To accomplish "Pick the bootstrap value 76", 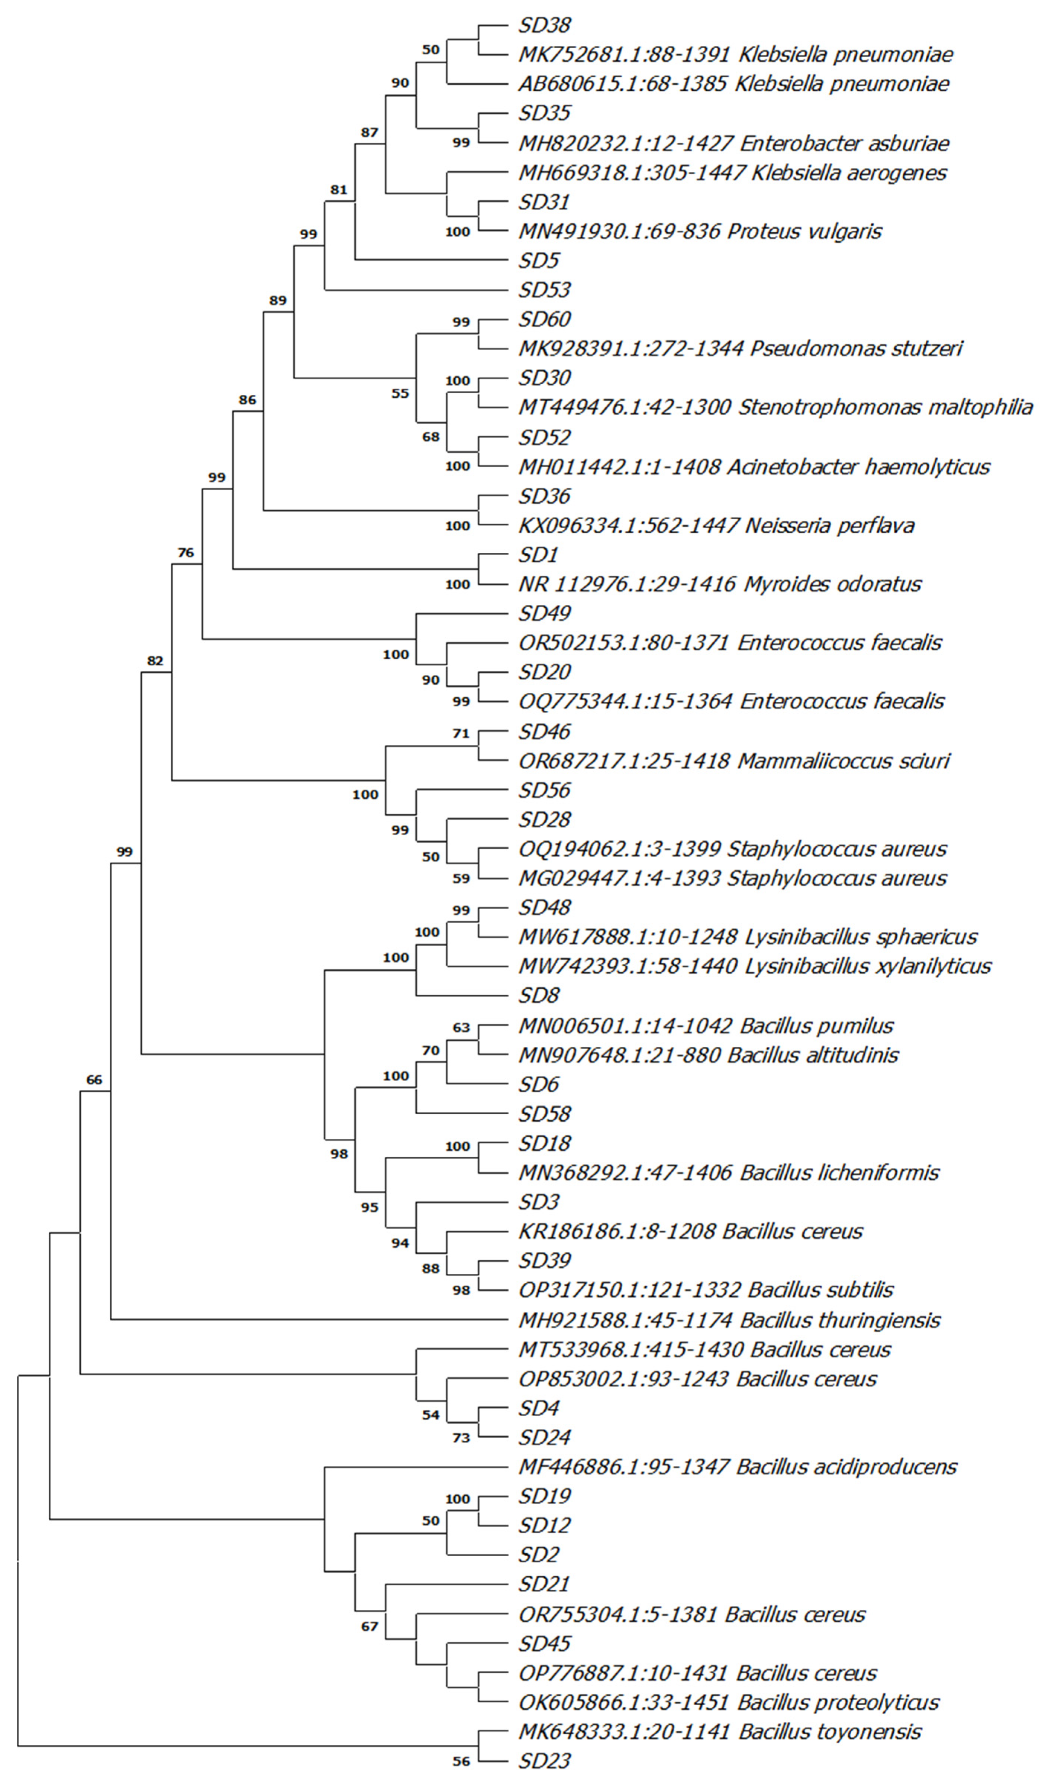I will pos(186,553).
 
